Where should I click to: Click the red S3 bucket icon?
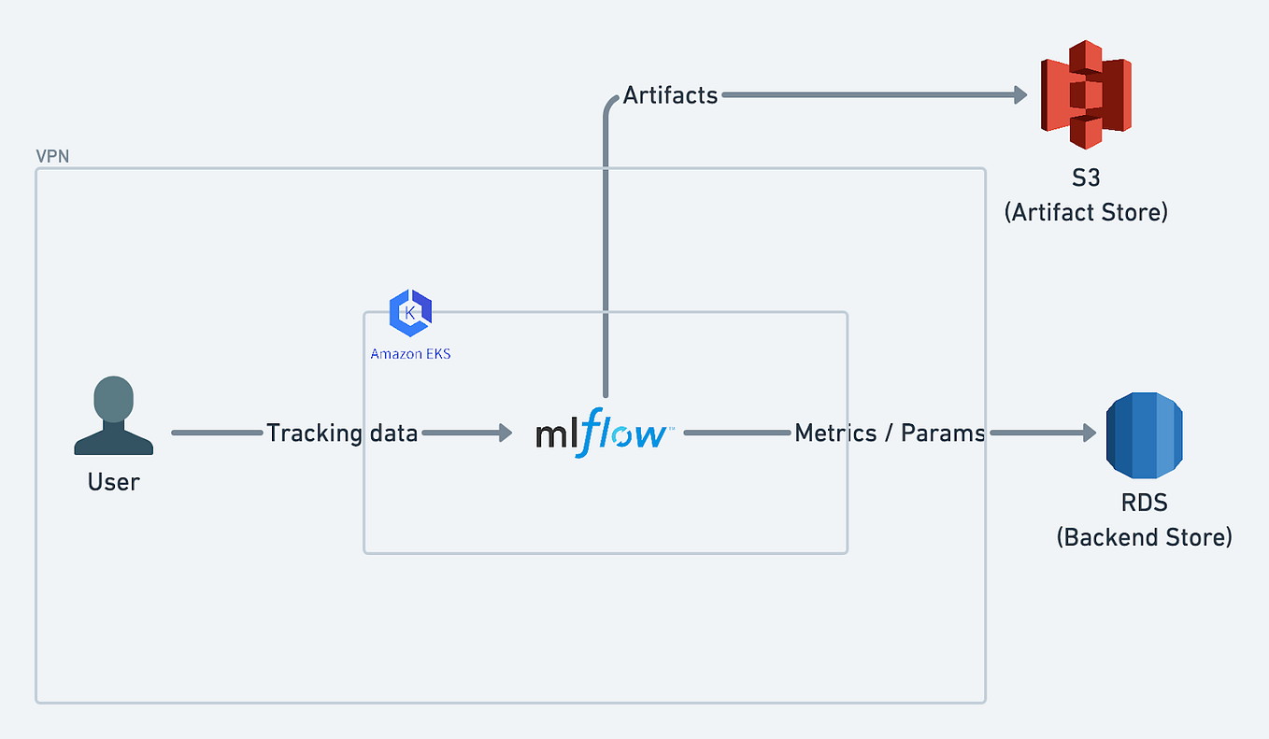[1086, 94]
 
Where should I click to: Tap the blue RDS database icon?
[1145, 433]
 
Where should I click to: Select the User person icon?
[114, 416]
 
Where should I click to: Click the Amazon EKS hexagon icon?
[410, 313]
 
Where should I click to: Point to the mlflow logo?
[602, 433]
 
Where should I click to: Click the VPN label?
[52, 156]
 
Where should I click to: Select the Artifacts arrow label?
[670, 95]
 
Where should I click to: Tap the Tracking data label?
[342, 433]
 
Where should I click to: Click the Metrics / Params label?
[890, 433]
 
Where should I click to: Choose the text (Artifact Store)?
[1086, 212]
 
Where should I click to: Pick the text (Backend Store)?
[1144, 537]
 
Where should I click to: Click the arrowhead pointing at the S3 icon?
[1020, 95]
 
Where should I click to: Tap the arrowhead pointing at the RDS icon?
[1089, 433]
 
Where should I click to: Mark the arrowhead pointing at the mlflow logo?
[506, 433]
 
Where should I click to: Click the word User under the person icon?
[114, 482]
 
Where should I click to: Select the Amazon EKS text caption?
[410, 354]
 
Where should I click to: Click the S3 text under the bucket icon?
[1086, 178]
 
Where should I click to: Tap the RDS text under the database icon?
[1144, 503]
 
